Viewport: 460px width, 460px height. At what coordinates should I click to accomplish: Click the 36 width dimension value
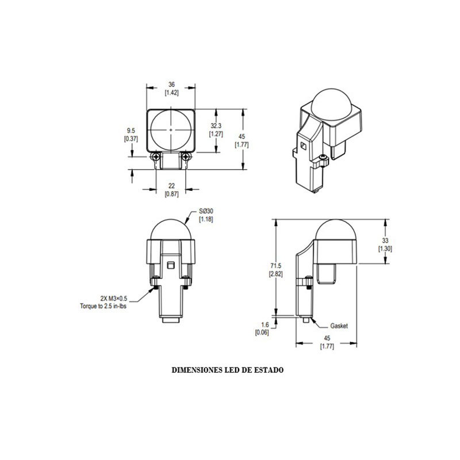171,85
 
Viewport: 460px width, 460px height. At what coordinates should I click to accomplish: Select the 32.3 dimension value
216,126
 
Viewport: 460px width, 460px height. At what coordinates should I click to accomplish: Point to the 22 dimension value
171,185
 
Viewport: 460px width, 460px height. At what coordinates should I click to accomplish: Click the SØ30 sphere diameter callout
205,212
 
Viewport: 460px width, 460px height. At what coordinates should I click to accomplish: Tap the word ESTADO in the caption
267,371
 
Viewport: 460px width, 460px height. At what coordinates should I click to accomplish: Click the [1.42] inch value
171,92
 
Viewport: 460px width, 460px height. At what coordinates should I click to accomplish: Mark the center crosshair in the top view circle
171,131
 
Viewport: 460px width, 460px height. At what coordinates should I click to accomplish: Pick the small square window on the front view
171,264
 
